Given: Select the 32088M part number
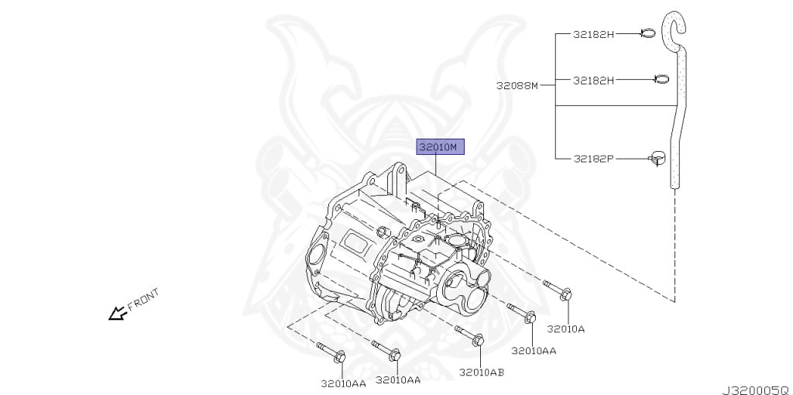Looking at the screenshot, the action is coord(517,86).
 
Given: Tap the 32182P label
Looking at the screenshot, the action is coord(593,159).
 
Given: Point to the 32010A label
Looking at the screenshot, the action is coord(565,328).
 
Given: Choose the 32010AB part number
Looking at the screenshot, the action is coord(481,373).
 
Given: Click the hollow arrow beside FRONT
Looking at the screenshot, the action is coord(118,313).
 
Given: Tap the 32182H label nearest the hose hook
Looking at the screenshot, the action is coord(593,34).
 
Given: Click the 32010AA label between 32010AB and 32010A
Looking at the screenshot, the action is coord(534,351).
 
